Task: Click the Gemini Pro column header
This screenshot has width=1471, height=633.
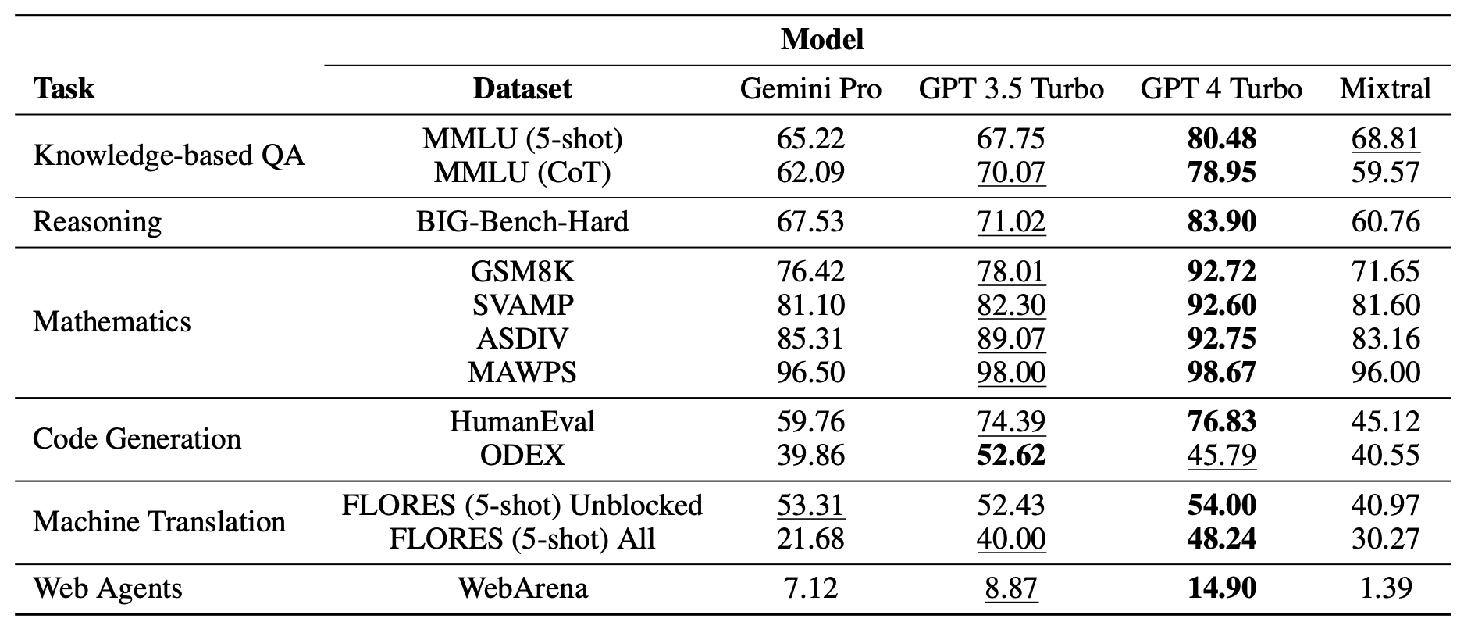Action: point(810,89)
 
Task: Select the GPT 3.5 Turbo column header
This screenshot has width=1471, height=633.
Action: point(1010,89)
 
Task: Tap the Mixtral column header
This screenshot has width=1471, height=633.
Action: point(1385,89)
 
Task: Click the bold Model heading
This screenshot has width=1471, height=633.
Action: point(822,39)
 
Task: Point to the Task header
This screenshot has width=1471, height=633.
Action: point(63,89)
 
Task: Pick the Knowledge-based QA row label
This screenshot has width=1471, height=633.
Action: point(169,156)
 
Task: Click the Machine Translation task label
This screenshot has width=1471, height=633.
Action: point(159,521)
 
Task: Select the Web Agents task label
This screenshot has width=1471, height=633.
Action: point(107,588)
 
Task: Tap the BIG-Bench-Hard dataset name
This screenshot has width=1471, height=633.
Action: point(522,222)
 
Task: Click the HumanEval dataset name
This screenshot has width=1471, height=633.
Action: point(522,422)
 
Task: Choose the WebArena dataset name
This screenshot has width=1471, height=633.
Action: point(522,588)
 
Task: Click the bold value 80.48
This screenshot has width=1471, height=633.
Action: point(1221,139)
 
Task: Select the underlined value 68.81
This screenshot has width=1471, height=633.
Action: point(1385,139)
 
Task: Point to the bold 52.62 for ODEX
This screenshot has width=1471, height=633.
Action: point(1010,456)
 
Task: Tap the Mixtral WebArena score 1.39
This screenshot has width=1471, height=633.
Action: point(1385,588)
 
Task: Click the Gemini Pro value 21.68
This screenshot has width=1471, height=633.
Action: point(810,539)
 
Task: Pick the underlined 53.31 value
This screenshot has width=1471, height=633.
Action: point(810,506)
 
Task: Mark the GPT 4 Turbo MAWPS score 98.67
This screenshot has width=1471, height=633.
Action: point(1221,372)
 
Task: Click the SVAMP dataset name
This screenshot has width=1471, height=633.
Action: point(522,305)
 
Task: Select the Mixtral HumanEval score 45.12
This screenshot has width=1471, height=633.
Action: point(1385,422)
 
